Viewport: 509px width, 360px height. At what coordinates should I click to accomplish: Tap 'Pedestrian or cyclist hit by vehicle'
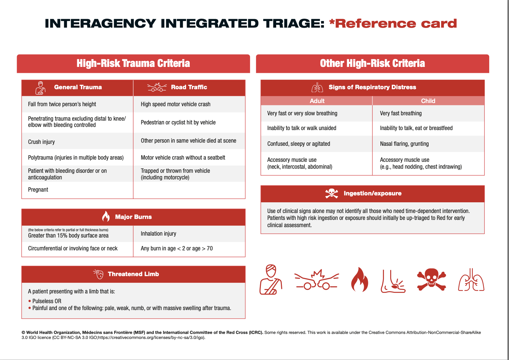click(x=178, y=123)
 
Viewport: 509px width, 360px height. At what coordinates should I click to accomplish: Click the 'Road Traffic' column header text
click(x=189, y=87)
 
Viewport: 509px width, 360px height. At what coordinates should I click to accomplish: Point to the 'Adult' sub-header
click(x=317, y=101)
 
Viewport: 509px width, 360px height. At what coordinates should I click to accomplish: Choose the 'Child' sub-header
click(x=428, y=101)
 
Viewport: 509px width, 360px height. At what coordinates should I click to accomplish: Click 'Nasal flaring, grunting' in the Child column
click(x=404, y=144)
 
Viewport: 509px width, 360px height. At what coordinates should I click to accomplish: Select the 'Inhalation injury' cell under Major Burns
click(x=158, y=234)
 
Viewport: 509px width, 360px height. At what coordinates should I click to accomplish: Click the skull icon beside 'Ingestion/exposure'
click(x=331, y=193)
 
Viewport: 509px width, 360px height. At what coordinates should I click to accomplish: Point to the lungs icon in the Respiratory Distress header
click(x=317, y=87)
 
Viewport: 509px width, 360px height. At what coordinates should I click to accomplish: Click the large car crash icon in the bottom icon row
click(x=316, y=280)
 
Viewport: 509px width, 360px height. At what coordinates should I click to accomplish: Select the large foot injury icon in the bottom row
click(x=393, y=281)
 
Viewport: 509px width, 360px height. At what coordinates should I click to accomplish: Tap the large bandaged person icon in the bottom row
click(x=271, y=279)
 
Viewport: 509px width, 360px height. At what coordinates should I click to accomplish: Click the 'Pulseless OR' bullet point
click(x=47, y=301)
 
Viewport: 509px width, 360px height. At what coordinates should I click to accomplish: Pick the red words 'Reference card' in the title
click(x=396, y=24)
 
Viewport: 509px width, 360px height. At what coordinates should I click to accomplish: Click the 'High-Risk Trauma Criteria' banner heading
click(x=133, y=63)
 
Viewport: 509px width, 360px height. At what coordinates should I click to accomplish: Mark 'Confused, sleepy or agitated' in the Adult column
click(x=298, y=144)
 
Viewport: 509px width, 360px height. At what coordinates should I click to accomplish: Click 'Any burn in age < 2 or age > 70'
click(x=177, y=248)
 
